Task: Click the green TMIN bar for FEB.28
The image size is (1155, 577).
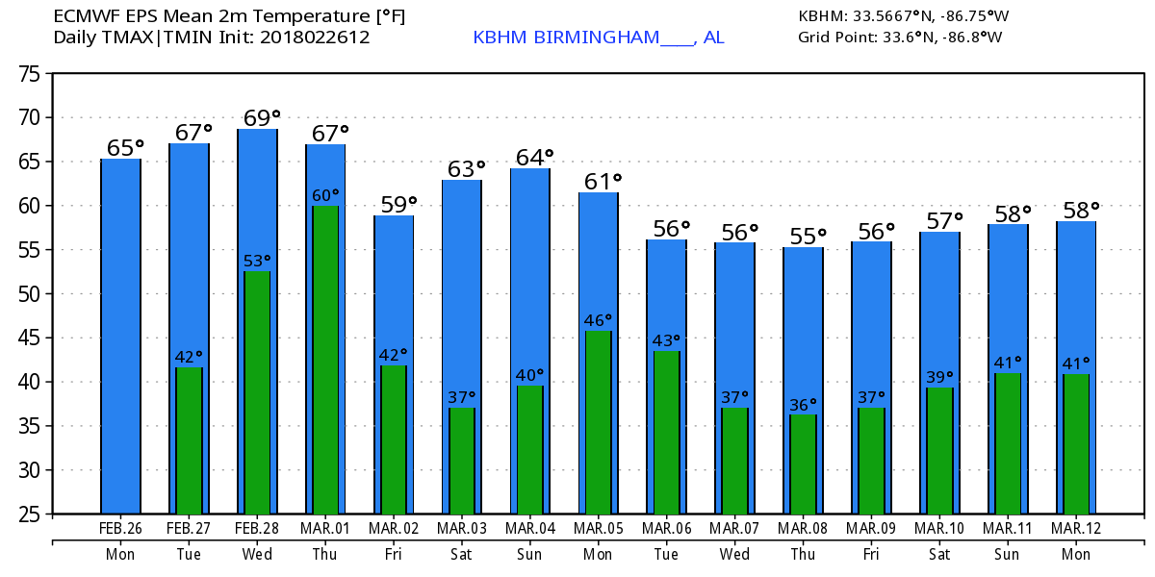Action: click(257, 392)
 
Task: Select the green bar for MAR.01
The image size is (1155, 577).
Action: click(326, 360)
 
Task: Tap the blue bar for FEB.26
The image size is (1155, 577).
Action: click(120, 337)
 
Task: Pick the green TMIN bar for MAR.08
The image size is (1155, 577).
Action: click(804, 464)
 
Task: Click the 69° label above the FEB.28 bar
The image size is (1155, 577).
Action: click(262, 118)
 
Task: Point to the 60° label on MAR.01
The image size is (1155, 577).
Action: click(325, 196)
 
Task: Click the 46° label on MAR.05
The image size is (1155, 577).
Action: click(598, 320)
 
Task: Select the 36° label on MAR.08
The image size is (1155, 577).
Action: click(803, 405)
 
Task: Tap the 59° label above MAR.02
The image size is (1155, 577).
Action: click(398, 205)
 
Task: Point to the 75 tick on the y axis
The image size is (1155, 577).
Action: click(29, 74)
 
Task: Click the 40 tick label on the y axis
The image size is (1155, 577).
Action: click(29, 382)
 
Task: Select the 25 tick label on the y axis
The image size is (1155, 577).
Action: click(29, 514)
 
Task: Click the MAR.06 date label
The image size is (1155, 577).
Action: click(667, 528)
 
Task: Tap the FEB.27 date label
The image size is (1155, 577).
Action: click(189, 528)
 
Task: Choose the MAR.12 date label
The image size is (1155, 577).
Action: click(1076, 528)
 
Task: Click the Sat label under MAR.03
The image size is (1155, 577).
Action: click(461, 554)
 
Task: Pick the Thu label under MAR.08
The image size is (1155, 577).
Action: click(803, 554)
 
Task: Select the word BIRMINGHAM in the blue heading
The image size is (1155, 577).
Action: click(597, 38)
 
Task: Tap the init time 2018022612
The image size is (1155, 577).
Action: click(315, 38)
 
